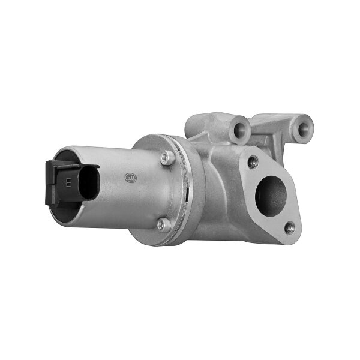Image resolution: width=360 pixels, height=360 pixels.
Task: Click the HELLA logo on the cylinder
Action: click(x=131, y=178)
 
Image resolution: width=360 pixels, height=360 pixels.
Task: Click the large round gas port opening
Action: click(x=269, y=194)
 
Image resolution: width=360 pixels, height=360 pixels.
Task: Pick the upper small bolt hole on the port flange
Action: click(x=253, y=161)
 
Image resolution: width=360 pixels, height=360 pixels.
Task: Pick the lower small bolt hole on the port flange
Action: click(x=290, y=226)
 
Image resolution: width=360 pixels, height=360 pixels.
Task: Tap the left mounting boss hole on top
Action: click(x=241, y=127)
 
